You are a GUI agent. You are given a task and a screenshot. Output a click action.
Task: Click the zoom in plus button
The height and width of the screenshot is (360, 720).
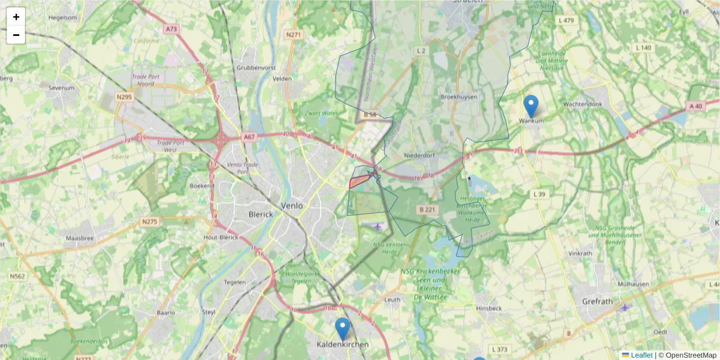point(16,17)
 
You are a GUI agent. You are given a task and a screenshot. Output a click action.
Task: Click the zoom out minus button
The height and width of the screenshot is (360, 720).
point(16,35)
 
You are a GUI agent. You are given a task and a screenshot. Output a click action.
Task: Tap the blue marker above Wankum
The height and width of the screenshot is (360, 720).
point(530,106)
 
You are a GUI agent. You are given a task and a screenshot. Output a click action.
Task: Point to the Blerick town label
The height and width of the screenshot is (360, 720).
point(260,214)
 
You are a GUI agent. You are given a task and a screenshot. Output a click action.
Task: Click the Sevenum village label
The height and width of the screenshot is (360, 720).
point(62,88)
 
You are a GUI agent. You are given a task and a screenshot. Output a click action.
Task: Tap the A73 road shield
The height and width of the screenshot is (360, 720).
point(172,29)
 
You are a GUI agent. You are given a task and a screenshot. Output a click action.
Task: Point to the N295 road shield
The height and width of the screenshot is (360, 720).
point(124,97)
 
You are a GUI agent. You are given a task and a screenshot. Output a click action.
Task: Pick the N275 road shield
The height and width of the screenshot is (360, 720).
point(149,221)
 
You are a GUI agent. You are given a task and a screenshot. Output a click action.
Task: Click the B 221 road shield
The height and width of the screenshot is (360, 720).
point(427,209)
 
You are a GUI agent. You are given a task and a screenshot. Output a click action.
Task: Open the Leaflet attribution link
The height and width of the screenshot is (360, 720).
point(640,355)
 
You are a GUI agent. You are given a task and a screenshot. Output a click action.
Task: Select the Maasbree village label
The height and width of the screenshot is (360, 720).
point(80,238)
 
